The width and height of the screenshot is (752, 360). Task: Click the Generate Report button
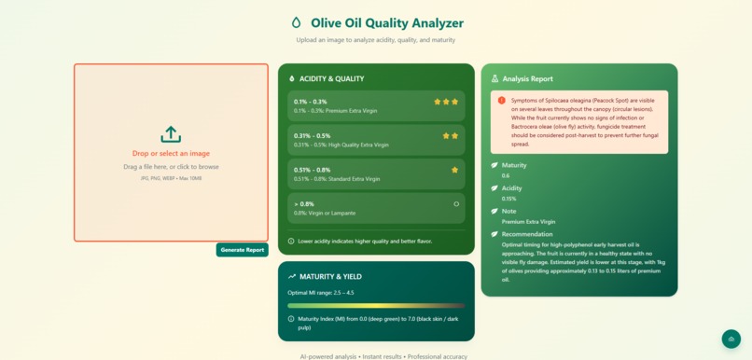(243, 250)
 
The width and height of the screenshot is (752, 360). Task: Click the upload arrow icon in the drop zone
(171, 134)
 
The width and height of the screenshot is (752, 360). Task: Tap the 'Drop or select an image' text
(171, 153)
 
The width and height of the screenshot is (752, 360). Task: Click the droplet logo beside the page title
(297, 23)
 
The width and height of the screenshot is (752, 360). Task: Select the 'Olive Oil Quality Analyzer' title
(386, 23)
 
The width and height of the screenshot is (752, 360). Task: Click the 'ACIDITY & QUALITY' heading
(331, 79)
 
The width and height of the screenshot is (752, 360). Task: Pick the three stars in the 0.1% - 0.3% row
(446, 102)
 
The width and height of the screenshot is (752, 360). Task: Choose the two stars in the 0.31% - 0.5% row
(451, 136)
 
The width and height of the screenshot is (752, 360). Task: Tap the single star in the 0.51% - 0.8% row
(454, 170)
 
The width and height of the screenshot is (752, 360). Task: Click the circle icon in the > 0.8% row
(456, 203)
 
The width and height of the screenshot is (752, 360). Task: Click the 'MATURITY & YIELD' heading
(330, 277)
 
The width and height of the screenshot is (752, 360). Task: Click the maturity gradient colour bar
(376, 305)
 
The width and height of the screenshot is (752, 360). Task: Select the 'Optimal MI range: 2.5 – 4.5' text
(320, 293)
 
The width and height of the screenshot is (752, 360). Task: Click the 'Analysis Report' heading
(527, 79)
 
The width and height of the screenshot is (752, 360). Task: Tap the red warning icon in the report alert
(502, 101)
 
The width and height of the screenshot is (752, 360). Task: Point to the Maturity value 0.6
(506, 175)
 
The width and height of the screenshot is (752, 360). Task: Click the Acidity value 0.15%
(509, 199)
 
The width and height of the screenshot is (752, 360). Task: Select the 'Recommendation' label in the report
(528, 234)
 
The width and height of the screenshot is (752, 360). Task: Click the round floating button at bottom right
(731, 339)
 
